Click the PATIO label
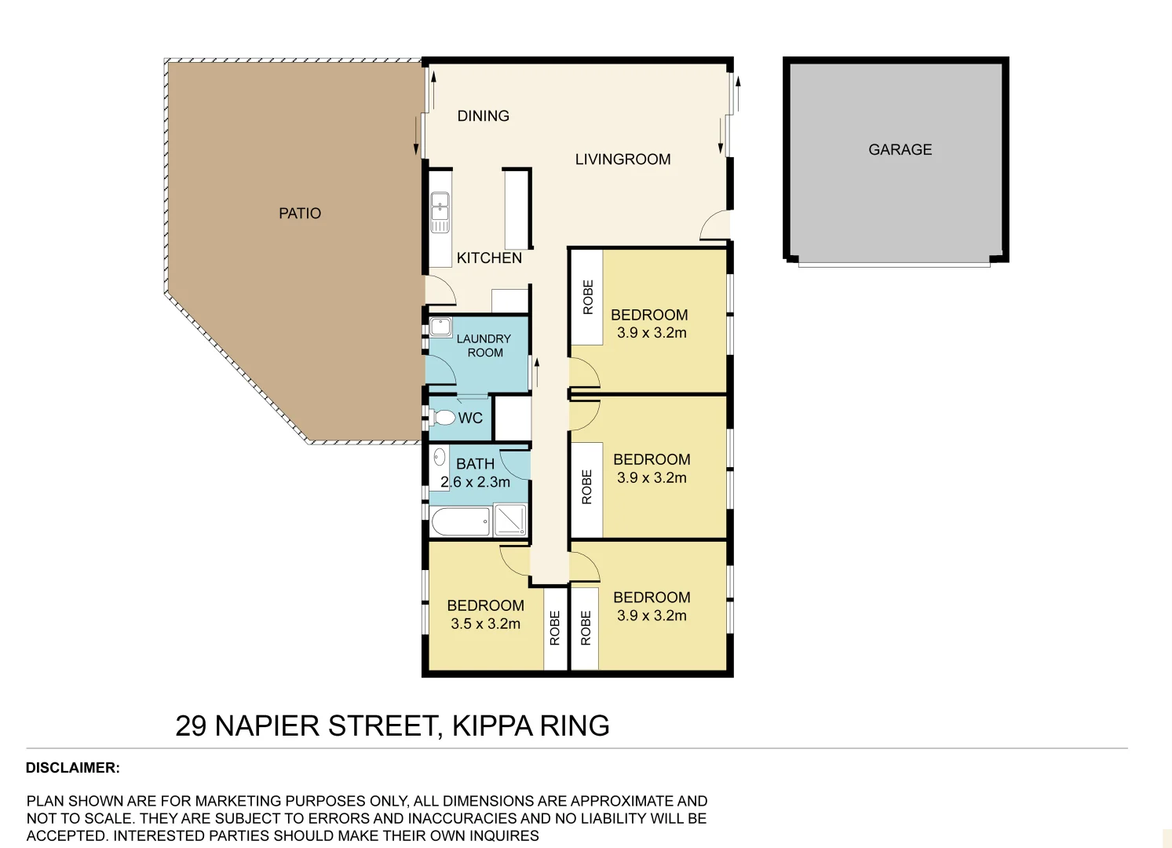pyautogui.click(x=300, y=214)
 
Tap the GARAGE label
pyautogui.click(x=900, y=150)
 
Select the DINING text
pyautogui.click(x=483, y=116)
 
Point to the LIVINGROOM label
pyautogui.click(x=623, y=159)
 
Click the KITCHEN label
pyautogui.click(x=489, y=258)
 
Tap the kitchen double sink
pyautogui.click(x=440, y=212)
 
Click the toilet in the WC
pyautogui.click(x=444, y=417)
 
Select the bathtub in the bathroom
pyautogui.click(x=460, y=521)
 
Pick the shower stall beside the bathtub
pyautogui.click(x=509, y=521)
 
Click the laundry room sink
pyautogui.click(x=440, y=327)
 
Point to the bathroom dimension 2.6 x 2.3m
pyautogui.click(x=476, y=482)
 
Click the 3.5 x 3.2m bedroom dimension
pyautogui.click(x=485, y=624)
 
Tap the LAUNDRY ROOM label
pyautogui.click(x=484, y=345)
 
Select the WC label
pyautogui.click(x=470, y=419)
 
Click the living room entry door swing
pyautogui.click(x=714, y=226)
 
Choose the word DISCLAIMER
pyautogui.click(x=72, y=768)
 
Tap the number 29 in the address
pyautogui.click(x=191, y=726)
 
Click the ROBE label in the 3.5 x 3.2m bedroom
pyautogui.click(x=555, y=628)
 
